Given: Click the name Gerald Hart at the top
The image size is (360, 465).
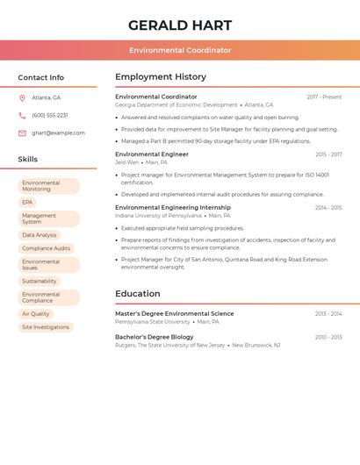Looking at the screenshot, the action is click(x=180, y=25).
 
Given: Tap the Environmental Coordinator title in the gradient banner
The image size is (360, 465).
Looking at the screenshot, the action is click(x=180, y=50).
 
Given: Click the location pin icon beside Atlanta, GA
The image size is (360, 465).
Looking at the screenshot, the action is click(x=22, y=97).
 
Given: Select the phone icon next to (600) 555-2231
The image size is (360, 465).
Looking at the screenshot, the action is click(x=22, y=115).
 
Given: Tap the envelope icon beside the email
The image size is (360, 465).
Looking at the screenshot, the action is click(x=22, y=133).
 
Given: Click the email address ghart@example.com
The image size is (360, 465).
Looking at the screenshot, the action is click(x=58, y=133).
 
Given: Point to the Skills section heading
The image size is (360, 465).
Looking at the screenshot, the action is click(x=28, y=159).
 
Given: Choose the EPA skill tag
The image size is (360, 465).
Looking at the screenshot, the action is click(x=27, y=203).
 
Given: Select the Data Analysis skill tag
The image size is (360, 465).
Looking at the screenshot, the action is click(x=40, y=235).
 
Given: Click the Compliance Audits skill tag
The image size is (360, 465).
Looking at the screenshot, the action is click(x=46, y=248).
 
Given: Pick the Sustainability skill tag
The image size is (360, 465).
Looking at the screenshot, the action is click(x=40, y=282).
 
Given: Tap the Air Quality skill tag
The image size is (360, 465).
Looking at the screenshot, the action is click(x=36, y=314).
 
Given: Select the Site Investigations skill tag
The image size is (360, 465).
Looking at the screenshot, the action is click(x=46, y=327).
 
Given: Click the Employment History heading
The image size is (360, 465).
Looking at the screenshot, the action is click(x=161, y=77).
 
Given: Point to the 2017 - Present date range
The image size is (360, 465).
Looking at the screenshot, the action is click(x=324, y=97).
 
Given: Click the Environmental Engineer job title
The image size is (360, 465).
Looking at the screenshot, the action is click(x=152, y=154).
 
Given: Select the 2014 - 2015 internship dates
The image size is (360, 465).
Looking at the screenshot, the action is click(x=328, y=208).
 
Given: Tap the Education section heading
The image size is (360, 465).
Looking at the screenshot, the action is click(x=138, y=294).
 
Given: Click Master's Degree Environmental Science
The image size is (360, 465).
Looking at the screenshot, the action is click(x=175, y=313).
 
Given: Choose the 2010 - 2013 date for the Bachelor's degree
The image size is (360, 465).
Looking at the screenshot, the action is click(x=328, y=337).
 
